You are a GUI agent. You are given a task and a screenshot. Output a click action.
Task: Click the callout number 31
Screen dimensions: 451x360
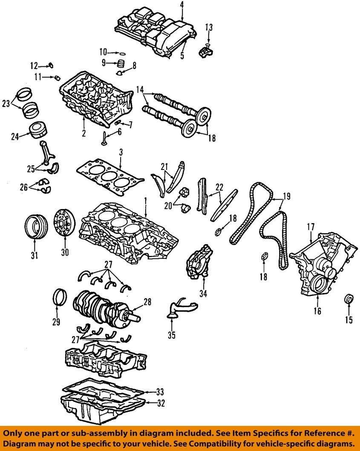coord(34,256)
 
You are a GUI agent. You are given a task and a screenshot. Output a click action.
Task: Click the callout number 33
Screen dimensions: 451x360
coord(160,391)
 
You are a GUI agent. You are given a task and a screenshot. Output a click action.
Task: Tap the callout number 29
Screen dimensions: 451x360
coord(56,322)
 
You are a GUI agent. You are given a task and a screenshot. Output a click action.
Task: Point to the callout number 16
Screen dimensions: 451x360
coord(317,311)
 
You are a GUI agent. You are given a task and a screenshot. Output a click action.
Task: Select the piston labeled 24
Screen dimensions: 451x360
coord(37,129)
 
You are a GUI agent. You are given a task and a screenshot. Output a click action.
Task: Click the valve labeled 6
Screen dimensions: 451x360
coord(104,138)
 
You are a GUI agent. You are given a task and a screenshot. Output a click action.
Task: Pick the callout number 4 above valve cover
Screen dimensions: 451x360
coord(181,5)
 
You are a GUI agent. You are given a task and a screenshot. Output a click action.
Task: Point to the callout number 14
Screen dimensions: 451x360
coord(140,90)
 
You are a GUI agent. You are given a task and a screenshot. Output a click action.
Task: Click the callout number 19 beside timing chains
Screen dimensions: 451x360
coord(287,196)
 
